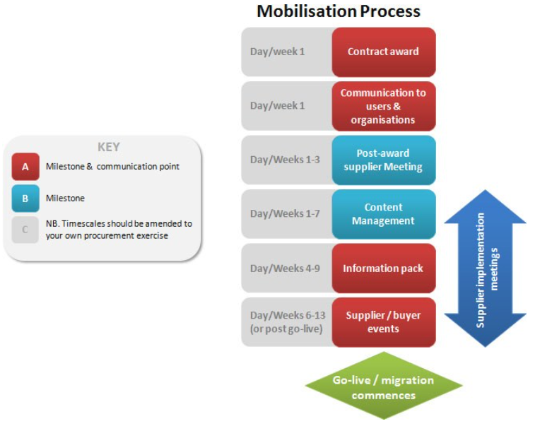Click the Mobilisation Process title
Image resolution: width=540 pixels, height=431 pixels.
click(339, 11)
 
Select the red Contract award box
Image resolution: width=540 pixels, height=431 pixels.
click(384, 52)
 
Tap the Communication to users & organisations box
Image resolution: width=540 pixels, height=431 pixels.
click(384, 106)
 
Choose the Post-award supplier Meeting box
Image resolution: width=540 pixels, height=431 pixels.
click(384, 160)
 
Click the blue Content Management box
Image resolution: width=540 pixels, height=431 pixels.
click(384, 214)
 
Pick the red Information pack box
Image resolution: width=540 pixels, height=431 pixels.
click(384, 268)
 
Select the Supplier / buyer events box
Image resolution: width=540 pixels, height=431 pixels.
click(384, 322)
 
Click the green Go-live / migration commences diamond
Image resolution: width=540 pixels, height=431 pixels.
click(384, 386)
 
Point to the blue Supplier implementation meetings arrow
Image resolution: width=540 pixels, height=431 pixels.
click(486, 268)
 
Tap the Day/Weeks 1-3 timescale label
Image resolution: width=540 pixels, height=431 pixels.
click(285, 160)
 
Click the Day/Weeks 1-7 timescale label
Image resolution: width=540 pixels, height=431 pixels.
click(285, 214)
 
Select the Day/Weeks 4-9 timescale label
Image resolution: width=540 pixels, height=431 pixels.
click(285, 268)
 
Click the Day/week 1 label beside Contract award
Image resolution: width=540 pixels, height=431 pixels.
click(277, 52)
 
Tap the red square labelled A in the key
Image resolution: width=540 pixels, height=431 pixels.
click(25, 167)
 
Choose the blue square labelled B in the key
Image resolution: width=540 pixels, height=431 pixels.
click(25, 199)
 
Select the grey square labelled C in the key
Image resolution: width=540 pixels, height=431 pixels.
click(25, 230)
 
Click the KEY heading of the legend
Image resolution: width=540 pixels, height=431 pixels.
click(108, 147)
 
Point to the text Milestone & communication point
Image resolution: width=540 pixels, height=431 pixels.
click(112, 167)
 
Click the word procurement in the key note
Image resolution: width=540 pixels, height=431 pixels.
click(109, 236)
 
